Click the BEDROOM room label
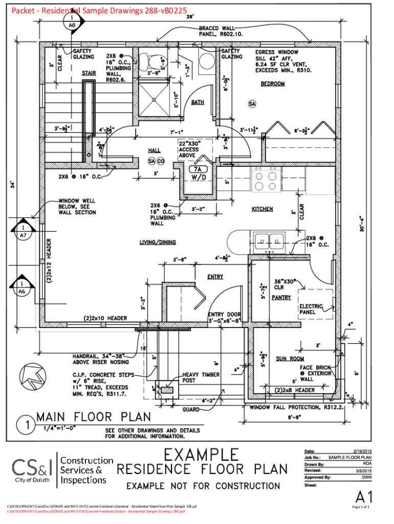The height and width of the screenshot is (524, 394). tap(273, 84)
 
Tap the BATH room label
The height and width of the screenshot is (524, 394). tap(198, 102)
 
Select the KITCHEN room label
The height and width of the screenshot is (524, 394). tap(262, 209)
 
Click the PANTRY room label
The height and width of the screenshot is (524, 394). tap(281, 297)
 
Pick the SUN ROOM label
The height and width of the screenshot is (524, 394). tap(290, 359)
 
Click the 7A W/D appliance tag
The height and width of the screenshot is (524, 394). tap(198, 173)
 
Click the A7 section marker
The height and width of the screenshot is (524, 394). tap(23, 231)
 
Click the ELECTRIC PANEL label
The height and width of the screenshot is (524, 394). tap(311, 309)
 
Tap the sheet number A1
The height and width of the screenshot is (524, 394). tap(364, 496)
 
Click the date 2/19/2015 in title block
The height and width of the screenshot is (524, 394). tap(361, 450)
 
